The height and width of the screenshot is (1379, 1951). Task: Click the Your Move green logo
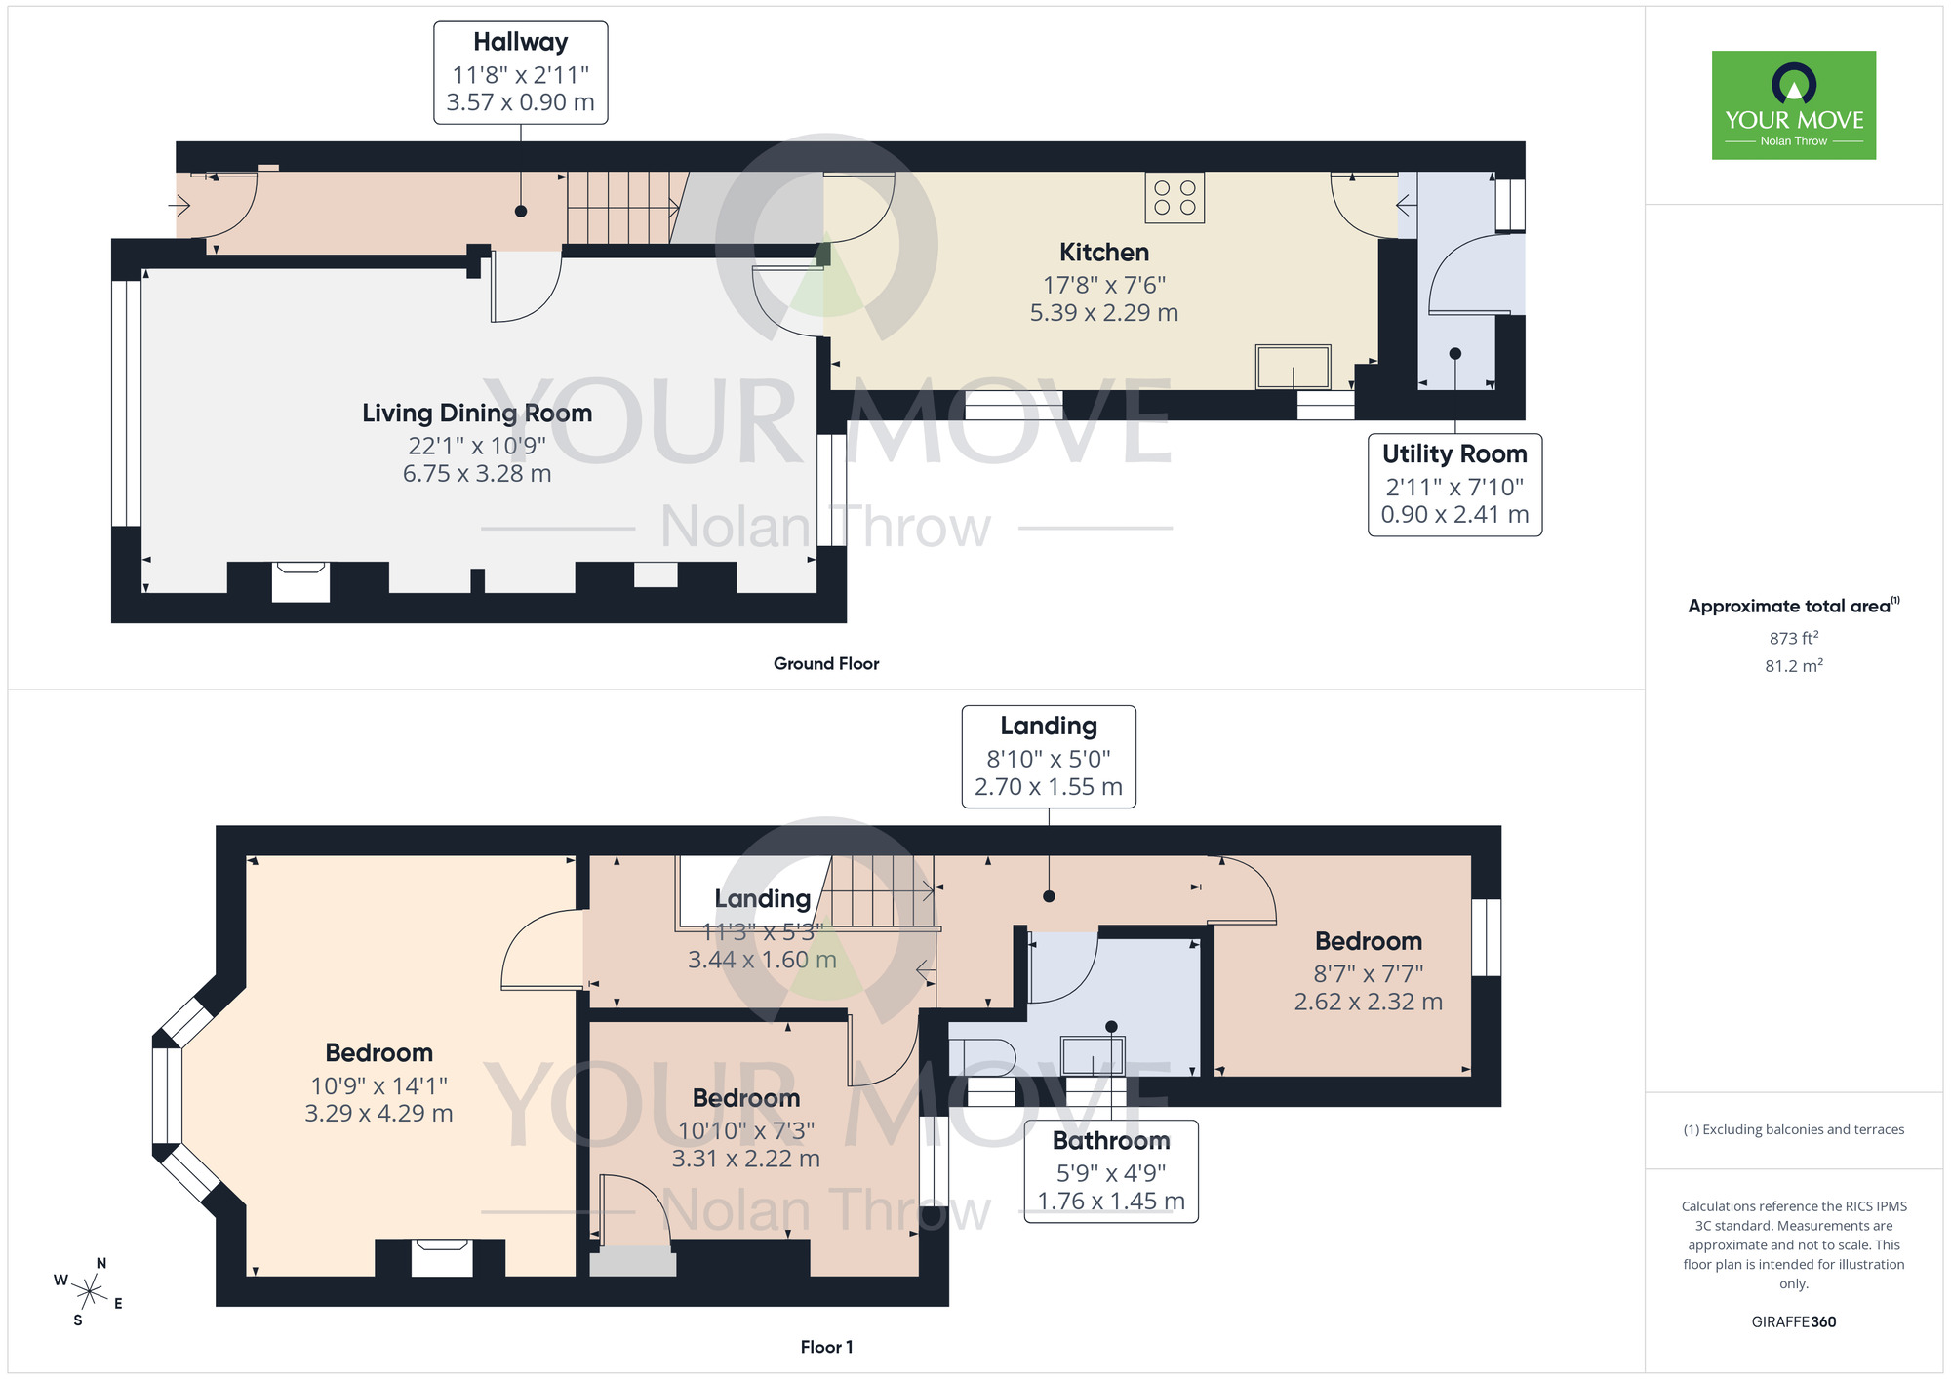click(1793, 105)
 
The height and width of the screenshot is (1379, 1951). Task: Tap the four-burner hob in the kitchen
click(1175, 197)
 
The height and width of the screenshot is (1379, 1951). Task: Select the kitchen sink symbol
click(1293, 368)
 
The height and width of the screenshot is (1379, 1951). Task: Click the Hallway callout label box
click(520, 73)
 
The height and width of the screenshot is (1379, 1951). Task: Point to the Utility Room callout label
click(1454, 485)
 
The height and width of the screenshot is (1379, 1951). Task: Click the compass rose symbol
click(90, 1293)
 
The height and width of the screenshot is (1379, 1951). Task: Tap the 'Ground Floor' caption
click(826, 663)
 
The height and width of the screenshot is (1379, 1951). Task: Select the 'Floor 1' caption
click(826, 1347)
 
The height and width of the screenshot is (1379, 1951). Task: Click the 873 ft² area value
click(1793, 638)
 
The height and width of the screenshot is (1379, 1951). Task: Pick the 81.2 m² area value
click(1793, 666)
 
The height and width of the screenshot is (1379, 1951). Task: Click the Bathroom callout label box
click(1110, 1171)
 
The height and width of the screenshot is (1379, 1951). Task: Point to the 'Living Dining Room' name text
click(477, 414)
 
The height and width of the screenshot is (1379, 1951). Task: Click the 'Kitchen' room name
click(1103, 253)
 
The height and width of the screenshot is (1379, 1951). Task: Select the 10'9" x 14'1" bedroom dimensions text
click(378, 1085)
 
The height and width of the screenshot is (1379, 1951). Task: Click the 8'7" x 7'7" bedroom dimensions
click(1368, 973)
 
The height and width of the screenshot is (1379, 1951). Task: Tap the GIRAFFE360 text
click(1793, 1322)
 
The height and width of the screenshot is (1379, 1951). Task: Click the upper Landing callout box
click(1049, 757)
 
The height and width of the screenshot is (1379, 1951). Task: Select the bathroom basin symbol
click(1093, 1055)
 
